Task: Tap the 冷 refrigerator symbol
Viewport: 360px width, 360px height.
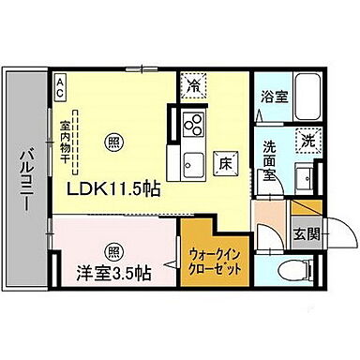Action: point(192,83)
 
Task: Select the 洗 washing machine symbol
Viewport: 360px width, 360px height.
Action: point(307,141)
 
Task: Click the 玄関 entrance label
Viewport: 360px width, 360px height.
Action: point(302,233)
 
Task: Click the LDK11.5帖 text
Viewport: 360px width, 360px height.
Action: point(112,189)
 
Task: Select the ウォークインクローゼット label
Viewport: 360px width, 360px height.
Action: point(216,260)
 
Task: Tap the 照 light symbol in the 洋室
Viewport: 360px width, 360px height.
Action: point(112,250)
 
